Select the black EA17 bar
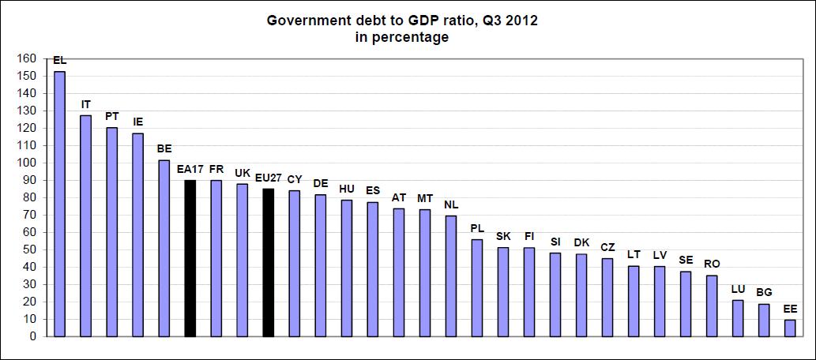click(190, 258)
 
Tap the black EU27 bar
click(268, 262)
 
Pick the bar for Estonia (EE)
click(789, 328)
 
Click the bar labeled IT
click(85, 226)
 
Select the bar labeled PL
click(476, 287)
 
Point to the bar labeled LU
click(737, 318)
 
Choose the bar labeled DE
click(320, 265)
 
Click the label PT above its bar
click(111, 116)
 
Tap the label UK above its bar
click(243, 173)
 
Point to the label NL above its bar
click(451, 204)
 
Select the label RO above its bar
click(712, 264)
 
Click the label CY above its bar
click(294, 179)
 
